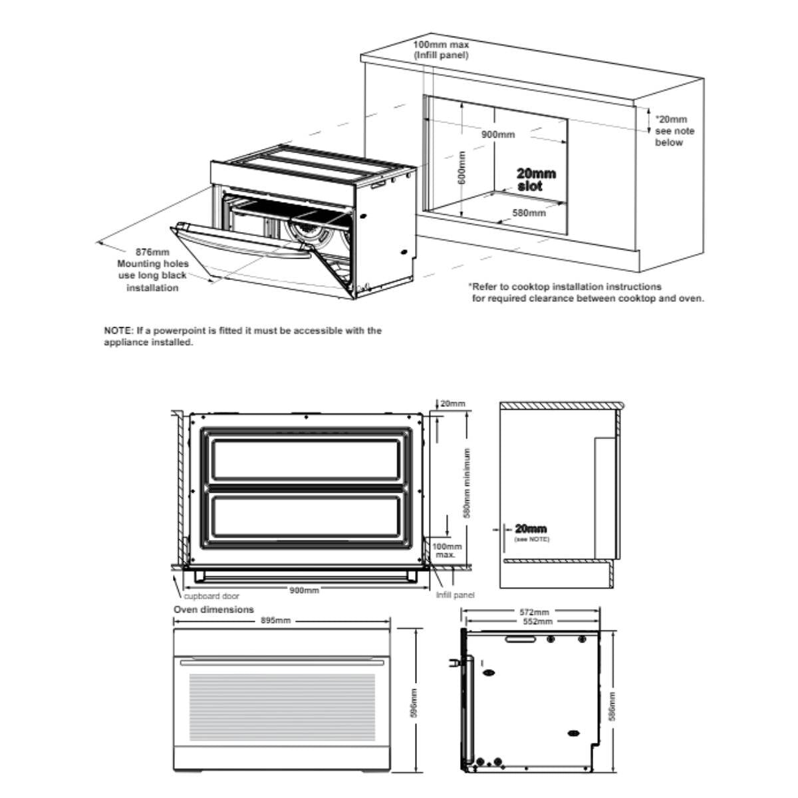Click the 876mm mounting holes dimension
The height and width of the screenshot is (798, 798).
(x=152, y=253)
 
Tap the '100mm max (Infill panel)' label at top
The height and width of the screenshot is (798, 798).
(x=441, y=50)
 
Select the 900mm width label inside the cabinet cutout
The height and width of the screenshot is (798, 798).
(x=498, y=134)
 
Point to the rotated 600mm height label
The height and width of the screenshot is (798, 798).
(x=462, y=168)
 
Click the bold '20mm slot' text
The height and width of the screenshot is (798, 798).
(x=535, y=180)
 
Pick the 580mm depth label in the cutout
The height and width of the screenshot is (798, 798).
(x=529, y=213)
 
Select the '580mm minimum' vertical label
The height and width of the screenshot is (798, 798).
(x=467, y=483)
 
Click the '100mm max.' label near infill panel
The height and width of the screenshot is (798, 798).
(x=447, y=550)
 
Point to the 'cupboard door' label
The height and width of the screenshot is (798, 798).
(x=211, y=596)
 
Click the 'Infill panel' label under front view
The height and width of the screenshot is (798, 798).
(x=455, y=595)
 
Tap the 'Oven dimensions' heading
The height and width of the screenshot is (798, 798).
(x=213, y=609)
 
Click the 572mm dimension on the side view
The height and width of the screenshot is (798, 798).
(x=533, y=611)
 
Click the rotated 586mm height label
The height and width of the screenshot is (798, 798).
(x=612, y=706)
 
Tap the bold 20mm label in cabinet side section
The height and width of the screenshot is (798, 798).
(x=531, y=529)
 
